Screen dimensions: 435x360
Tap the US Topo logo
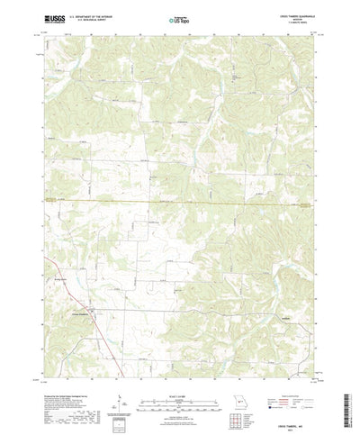click(x=179, y=18)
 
